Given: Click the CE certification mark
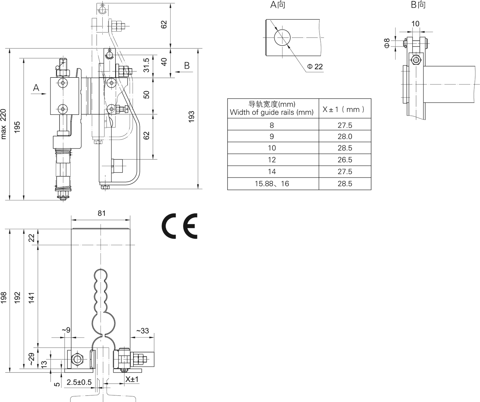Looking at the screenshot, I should pyautogui.click(x=180, y=226).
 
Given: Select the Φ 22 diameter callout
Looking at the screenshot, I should pyautogui.click(x=315, y=67).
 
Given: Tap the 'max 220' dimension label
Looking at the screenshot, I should pyautogui.click(x=4, y=124).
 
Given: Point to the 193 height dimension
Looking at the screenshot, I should pyautogui.click(x=191, y=118).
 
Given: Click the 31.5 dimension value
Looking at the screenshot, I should pyautogui.click(x=146, y=65).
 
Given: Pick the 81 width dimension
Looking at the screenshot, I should pyautogui.click(x=101, y=213).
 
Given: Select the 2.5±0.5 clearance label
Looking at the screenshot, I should pyautogui.click(x=79, y=382).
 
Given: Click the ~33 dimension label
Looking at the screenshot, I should pyautogui.click(x=142, y=331).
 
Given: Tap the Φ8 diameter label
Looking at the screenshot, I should pyautogui.click(x=387, y=43).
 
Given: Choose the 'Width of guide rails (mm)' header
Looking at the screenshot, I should pyautogui.click(x=272, y=112).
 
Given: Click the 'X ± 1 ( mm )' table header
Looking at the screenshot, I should pyautogui.click(x=343, y=109).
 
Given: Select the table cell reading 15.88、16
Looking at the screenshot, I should pyautogui.click(x=272, y=184).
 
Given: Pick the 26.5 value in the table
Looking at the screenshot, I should pyautogui.click(x=345, y=160).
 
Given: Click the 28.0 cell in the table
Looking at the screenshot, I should pyautogui.click(x=345, y=137).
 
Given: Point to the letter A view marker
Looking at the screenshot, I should pyautogui.click(x=36, y=87).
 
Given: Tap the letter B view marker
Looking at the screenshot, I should pyautogui.click(x=187, y=66).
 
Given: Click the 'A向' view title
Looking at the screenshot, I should pyautogui.click(x=277, y=5).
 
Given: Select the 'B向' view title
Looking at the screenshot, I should pyautogui.click(x=418, y=5).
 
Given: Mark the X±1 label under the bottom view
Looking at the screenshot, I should pyautogui.click(x=132, y=379).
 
